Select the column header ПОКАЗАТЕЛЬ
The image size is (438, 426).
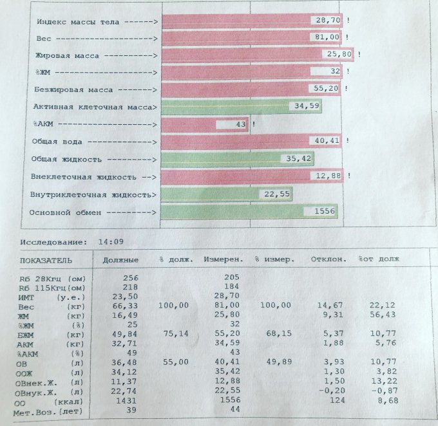pyautogui.click(x=46, y=261)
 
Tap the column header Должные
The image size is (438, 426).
pyautogui.click(x=120, y=260)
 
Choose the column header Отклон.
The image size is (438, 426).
pyautogui.click(x=328, y=260)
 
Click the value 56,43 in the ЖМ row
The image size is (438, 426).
pyautogui.click(x=385, y=315)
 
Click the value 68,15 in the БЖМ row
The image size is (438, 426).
pyautogui.click(x=278, y=334)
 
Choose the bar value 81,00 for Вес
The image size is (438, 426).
pyautogui.click(x=327, y=39)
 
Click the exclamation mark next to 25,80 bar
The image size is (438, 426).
pyautogui.click(x=359, y=55)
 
